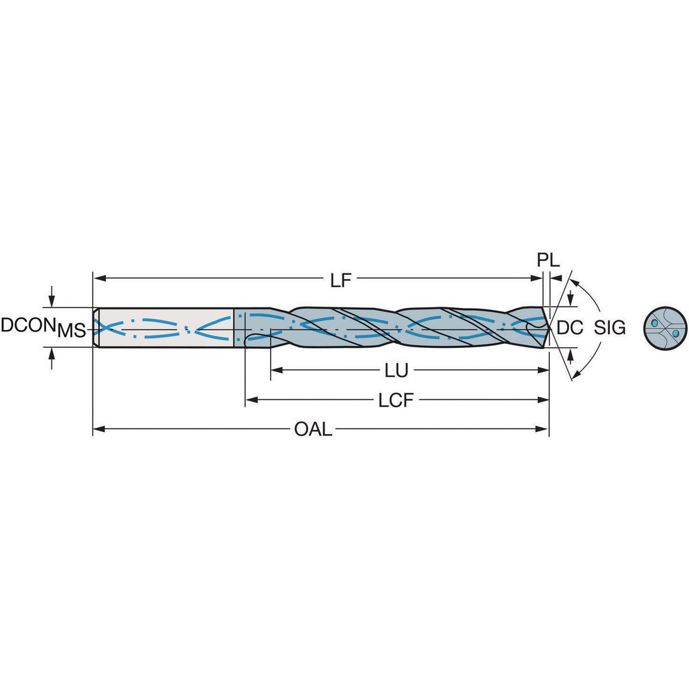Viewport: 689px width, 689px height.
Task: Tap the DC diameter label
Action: pos(570,328)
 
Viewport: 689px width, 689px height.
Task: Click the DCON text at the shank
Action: pos(28,325)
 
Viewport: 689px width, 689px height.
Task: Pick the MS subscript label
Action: pos(72,331)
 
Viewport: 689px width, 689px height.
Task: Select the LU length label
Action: pos(397,371)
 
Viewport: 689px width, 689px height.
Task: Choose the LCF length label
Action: pos(395,400)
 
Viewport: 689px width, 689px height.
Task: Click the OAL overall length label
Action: pos(313,431)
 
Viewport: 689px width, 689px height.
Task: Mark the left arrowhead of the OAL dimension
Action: pos(98,430)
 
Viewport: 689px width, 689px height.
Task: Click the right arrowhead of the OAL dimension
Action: pos(544,430)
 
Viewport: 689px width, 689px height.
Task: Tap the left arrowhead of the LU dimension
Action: pos(275,371)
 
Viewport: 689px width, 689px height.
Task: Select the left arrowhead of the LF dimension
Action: pos(98,278)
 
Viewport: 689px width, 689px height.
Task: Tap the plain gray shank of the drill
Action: pos(165,327)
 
